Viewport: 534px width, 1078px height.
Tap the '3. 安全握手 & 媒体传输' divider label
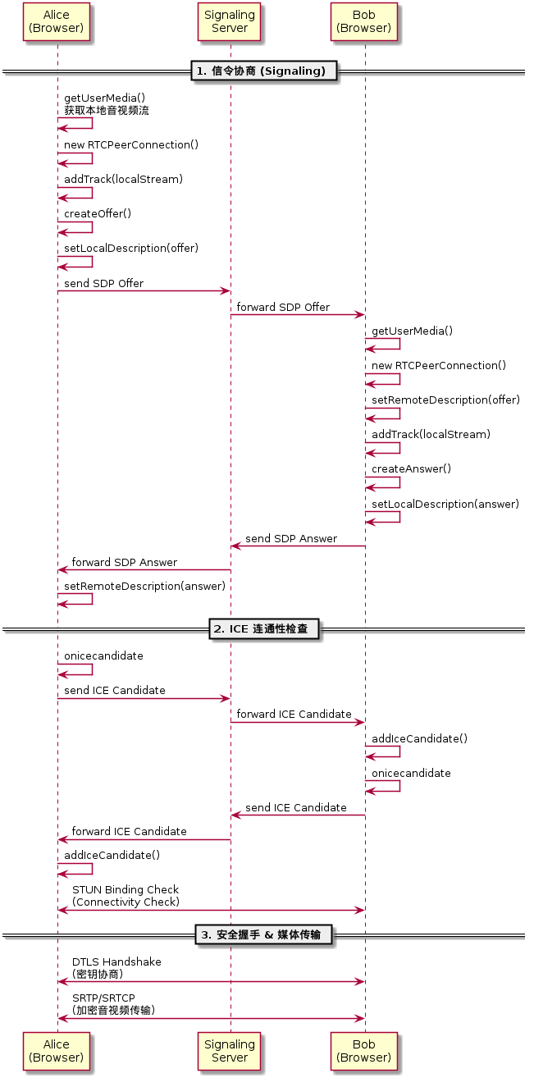(263, 934)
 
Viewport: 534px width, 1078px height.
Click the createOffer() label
(98, 214)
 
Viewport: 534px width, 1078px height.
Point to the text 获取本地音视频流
(107, 111)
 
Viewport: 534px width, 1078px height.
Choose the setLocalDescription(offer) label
(131, 249)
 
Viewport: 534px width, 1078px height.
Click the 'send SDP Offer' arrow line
(144, 290)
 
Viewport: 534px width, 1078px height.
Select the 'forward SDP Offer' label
(283, 308)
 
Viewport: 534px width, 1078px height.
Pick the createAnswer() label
(411, 469)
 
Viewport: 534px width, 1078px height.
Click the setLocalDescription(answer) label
(445, 504)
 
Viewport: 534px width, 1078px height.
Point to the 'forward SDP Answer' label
(124, 563)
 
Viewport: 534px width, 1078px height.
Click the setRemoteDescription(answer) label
(144, 587)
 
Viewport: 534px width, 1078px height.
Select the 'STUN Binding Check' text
(125, 890)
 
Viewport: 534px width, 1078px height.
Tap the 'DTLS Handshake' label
(116, 962)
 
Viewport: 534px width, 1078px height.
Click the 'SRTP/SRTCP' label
(103, 998)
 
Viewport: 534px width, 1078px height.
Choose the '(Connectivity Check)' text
(126, 902)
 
